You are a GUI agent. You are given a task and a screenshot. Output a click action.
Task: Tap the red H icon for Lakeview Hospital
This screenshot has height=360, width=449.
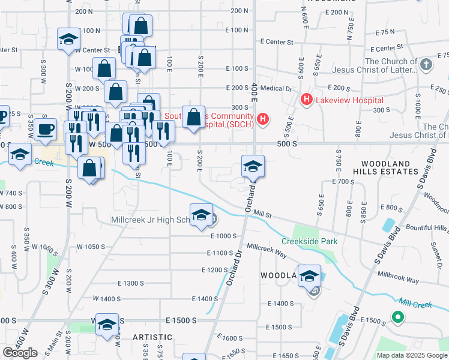click(306, 99)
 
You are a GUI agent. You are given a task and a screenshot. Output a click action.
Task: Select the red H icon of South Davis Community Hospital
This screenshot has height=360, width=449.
click(262, 120)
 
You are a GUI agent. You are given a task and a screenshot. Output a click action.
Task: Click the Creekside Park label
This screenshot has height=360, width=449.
click(310, 242)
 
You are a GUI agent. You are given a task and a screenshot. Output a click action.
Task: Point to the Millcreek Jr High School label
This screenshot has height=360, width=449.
click(151, 220)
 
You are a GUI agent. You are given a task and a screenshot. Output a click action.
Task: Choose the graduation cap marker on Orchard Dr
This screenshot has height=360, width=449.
click(253, 167)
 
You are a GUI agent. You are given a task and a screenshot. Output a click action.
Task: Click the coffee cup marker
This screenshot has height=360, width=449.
click(46, 130)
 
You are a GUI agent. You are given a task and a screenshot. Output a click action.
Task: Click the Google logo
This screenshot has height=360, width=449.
click(20, 353)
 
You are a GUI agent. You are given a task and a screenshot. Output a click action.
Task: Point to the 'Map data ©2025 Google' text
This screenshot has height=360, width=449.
click(411, 355)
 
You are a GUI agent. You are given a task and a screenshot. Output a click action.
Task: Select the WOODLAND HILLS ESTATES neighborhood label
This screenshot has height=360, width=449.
click(390, 167)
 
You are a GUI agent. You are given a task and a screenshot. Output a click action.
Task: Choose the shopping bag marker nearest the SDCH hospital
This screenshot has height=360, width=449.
click(193, 118)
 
